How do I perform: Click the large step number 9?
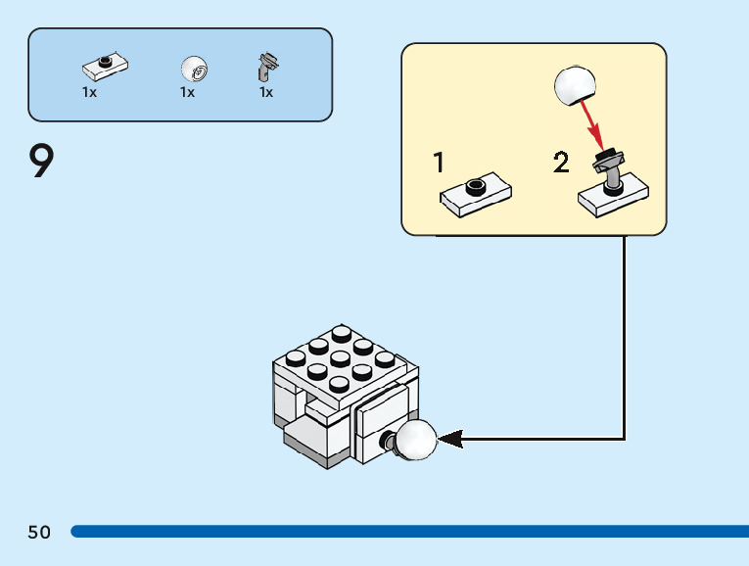[41, 163]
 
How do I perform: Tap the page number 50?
[39, 532]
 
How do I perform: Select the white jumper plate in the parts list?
[106, 67]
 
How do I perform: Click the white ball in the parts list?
[194, 70]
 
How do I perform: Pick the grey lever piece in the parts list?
[266, 67]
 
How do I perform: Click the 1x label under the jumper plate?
[89, 92]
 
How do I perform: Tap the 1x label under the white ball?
[187, 92]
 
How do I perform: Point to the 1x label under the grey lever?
[266, 92]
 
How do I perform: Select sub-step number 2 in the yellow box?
[560, 163]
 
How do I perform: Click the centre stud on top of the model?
[340, 358]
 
